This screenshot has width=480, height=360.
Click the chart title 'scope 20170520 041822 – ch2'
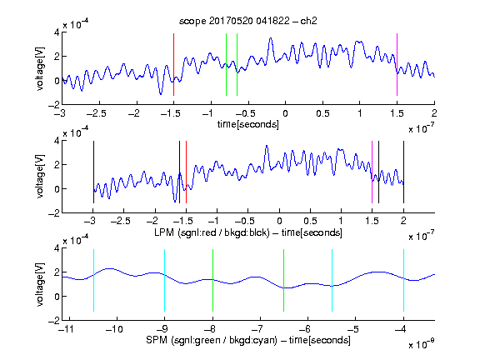coord(248,21)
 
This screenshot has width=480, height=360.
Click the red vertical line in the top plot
coord(173,65)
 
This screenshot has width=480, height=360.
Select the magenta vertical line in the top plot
coord(397,65)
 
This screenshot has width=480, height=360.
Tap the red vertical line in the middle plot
coord(186,172)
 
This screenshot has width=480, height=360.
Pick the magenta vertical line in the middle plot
coord(372,172)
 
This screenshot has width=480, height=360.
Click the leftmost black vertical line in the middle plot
coord(93,172)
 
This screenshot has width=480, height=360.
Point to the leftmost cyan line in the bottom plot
coord(93,280)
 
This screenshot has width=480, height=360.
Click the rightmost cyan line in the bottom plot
coord(403,280)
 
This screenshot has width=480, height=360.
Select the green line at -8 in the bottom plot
coord(212,280)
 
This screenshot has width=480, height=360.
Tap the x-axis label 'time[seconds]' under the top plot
coord(248,124)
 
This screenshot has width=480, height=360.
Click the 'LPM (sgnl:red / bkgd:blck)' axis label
coord(212,232)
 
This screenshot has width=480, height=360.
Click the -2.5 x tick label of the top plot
coord(97,113)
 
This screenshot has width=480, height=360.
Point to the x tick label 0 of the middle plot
coord(279,221)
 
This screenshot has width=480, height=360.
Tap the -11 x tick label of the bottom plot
coord(67,329)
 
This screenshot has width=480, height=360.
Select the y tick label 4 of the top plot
coord(57,32)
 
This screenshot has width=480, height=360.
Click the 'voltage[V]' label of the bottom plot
coord(40,285)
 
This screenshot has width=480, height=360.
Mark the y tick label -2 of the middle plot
coord(54,213)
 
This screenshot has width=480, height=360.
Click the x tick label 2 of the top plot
coord(434,113)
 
